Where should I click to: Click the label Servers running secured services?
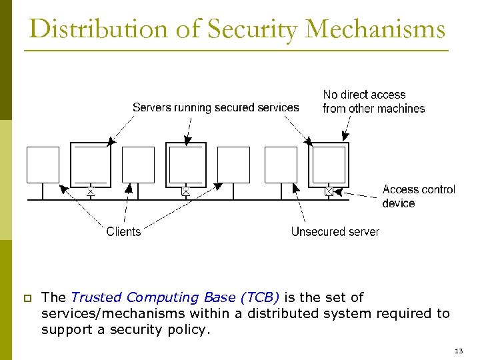[215, 107]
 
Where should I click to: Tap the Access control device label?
[419, 196]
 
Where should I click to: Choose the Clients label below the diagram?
[123, 231]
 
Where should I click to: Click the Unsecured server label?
[335, 231]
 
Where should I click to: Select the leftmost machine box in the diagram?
[43, 165]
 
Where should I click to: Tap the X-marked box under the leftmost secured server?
[91, 192]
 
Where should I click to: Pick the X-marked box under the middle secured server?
[186, 192]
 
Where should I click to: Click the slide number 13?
[458, 351]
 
